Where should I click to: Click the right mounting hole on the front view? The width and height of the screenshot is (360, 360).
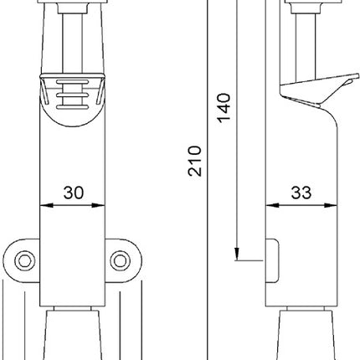122,262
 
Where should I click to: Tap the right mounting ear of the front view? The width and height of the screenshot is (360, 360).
125,262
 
